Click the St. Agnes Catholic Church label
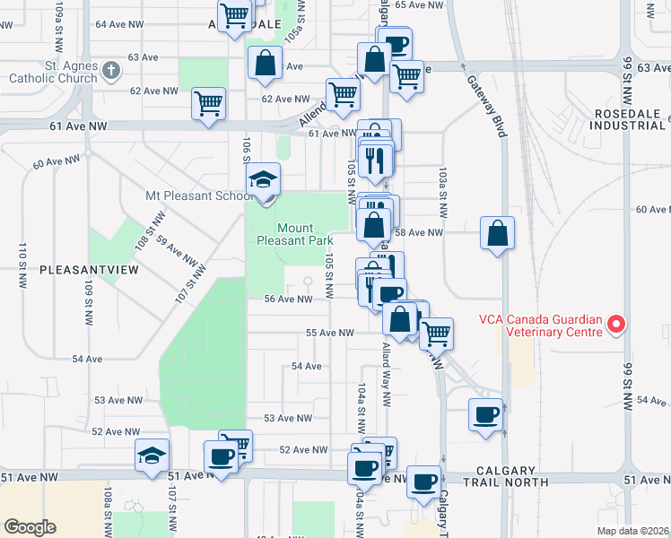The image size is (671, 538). pyautogui.click(x=52, y=71)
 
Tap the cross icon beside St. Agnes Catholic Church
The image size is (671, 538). pyautogui.click(x=110, y=69)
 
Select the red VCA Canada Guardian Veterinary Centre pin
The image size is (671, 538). pyautogui.click(x=616, y=324)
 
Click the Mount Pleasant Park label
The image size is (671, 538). pyautogui.click(x=295, y=234)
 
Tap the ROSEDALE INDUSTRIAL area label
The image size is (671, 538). pyautogui.click(x=628, y=118)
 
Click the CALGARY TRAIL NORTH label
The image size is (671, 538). pyautogui.click(x=512, y=476)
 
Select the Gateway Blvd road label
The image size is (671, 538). pyautogui.click(x=487, y=106)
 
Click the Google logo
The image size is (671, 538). pyautogui.click(x=30, y=527)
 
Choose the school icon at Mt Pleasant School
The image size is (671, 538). pyautogui.click(x=264, y=180)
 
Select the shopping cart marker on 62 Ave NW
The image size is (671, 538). pyautogui.click(x=208, y=104)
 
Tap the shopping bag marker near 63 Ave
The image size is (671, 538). pyautogui.click(x=265, y=63)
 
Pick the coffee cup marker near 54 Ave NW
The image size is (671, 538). pyautogui.click(x=486, y=415)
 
